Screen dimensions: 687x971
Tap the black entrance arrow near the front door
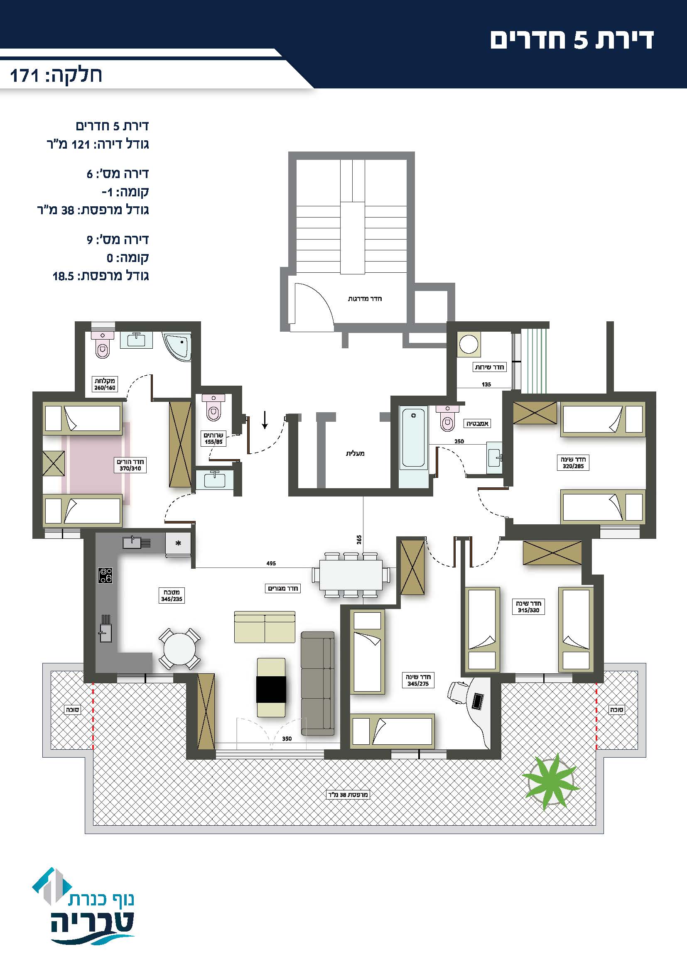265,420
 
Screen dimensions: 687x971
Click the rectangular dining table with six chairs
351,574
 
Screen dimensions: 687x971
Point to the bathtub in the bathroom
413,437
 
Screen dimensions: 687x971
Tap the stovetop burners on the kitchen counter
106,575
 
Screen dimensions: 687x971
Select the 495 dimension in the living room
271,563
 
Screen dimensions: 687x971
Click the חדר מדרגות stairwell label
365,298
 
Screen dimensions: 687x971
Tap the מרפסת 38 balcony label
348,795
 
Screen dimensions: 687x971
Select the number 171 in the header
25,76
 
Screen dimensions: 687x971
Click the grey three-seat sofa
318,683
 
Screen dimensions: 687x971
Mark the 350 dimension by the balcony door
287,739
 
